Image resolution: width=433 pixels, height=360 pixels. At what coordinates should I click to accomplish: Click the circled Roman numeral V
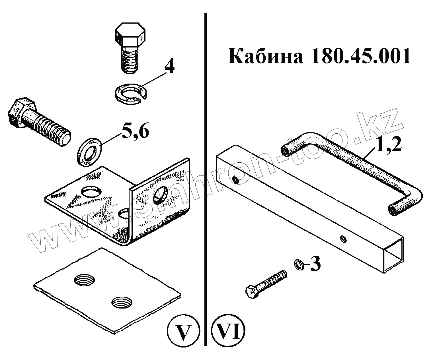pyautogui.click(x=182, y=332)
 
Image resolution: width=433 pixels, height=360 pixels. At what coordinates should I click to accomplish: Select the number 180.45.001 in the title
pyautogui.click(x=360, y=56)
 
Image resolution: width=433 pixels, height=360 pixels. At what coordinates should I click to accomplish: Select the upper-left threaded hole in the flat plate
pyautogui.click(x=84, y=281)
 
